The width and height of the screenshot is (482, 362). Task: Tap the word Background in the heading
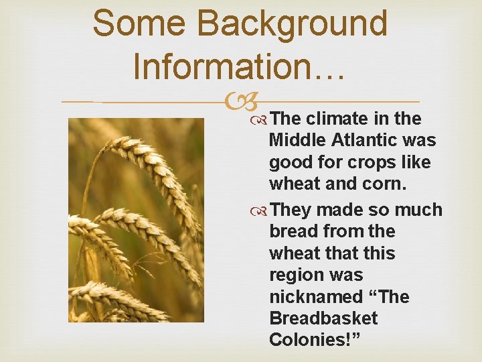[x=294, y=23]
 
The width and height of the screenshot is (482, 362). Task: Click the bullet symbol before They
[x=260, y=210]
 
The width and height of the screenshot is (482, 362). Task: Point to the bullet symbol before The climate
[x=260, y=119]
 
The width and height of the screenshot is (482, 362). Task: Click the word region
[x=293, y=276]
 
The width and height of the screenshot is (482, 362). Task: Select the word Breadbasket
[x=323, y=318]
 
